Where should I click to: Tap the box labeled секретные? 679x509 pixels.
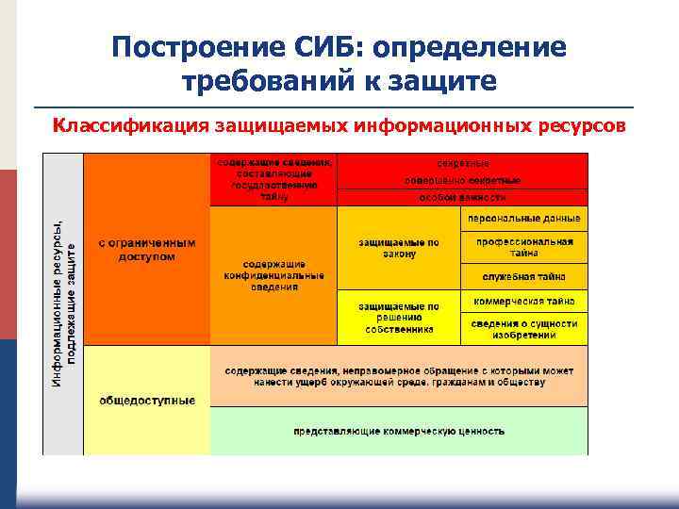tap(462, 162)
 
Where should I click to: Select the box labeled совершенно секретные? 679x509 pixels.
tap(462, 180)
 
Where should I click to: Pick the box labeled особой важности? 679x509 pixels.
tap(462, 198)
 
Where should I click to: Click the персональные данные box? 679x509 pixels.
tap(523, 218)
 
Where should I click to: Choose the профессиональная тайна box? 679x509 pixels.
tap(523, 247)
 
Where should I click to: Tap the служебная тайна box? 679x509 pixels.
tap(523, 277)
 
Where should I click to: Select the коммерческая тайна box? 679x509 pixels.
tap(523, 302)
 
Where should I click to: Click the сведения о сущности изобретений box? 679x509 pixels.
tap(523, 328)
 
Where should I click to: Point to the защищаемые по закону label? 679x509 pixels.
tap(398, 247)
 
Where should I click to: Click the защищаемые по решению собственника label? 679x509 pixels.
tap(398, 319)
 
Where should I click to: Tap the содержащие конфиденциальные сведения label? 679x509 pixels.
tap(273, 275)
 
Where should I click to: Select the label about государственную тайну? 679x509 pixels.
tap(273, 179)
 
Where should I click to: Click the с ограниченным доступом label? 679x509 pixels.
tap(147, 249)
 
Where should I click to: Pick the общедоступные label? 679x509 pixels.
tap(147, 400)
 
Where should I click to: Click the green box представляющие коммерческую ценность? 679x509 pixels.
tap(398, 431)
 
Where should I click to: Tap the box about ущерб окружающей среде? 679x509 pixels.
tap(398, 375)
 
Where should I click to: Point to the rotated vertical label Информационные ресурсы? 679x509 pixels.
tap(65, 292)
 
